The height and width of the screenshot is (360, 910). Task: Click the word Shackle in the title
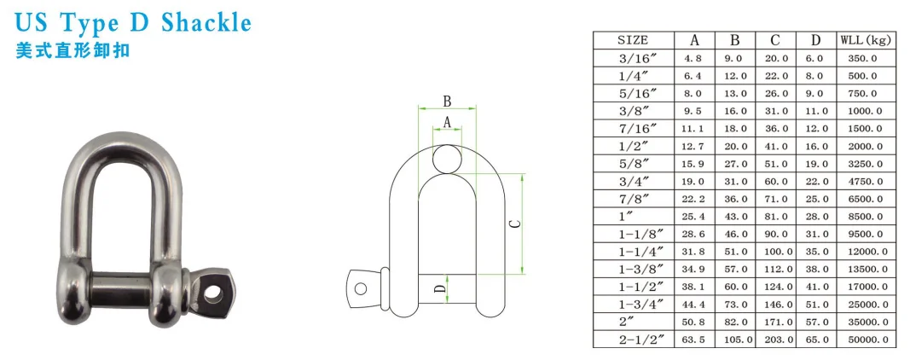tap(206, 23)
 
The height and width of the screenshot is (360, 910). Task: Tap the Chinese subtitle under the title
tap(72, 50)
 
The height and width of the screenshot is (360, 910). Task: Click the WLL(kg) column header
tap(866, 40)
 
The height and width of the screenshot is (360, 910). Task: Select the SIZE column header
tap(633, 40)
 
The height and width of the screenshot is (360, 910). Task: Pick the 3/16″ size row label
tap(633, 58)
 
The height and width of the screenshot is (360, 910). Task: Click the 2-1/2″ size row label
tap(633, 339)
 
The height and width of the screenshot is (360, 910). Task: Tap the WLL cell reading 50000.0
tap(866, 339)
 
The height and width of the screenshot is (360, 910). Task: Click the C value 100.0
tap(776, 252)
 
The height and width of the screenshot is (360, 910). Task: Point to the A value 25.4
tap(694, 217)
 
